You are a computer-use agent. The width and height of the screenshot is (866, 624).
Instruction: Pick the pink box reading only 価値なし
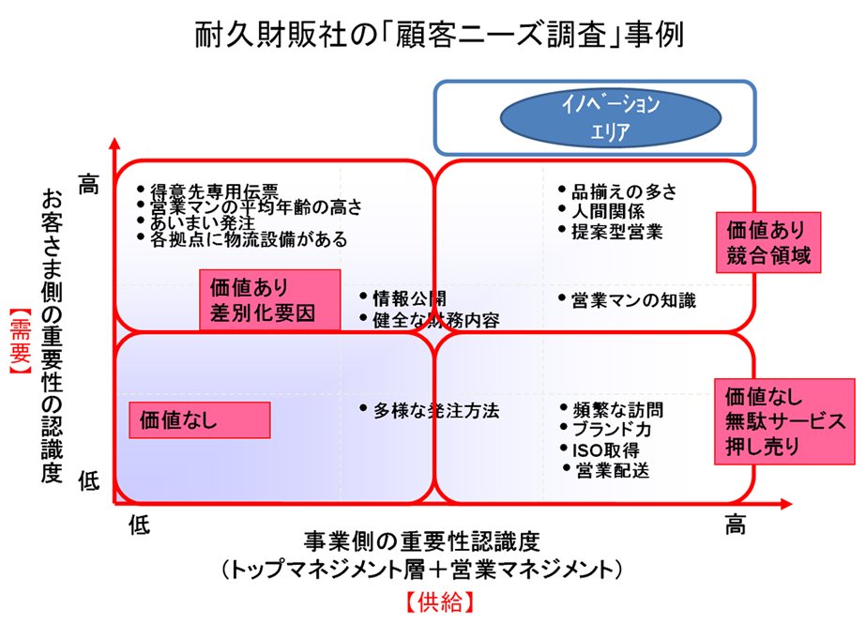click(x=198, y=419)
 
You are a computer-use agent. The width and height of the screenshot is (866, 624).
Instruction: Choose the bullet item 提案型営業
click(x=616, y=231)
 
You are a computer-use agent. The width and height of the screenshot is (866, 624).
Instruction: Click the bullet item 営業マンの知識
click(x=633, y=300)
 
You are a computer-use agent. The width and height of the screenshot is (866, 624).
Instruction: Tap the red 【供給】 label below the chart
click(x=432, y=599)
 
